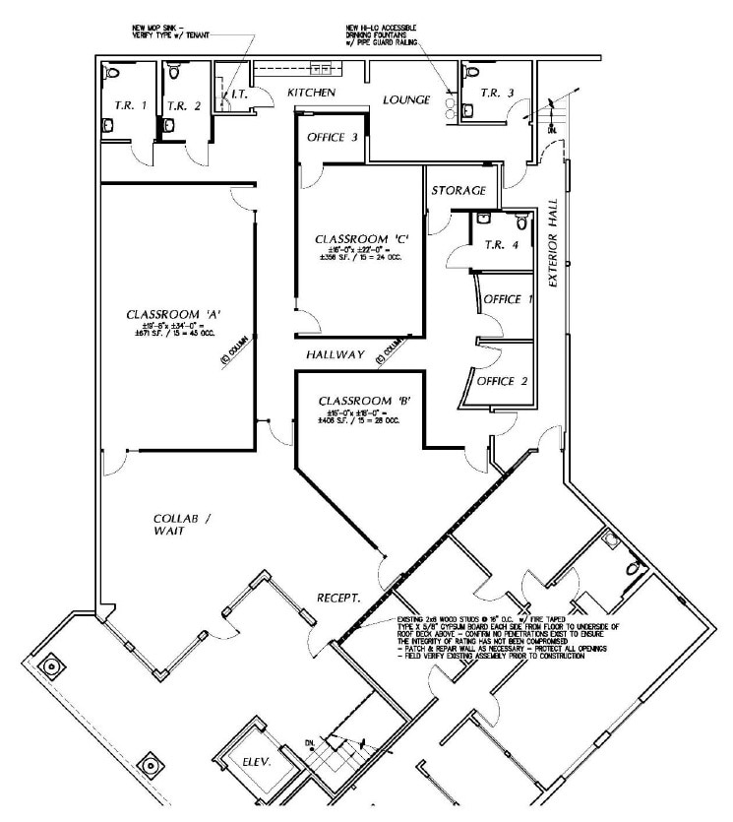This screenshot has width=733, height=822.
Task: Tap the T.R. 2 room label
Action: tap(183, 105)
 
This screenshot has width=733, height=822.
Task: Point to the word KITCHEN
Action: tap(312, 93)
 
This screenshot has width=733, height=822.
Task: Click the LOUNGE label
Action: tap(402, 99)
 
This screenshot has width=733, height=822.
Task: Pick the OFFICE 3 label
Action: tap(333, 138)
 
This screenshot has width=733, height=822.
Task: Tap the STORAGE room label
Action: tap(458, 191)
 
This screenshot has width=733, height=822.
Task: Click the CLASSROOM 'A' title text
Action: tap(173, 315)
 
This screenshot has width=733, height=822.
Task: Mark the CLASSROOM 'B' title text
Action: tap(357, 402)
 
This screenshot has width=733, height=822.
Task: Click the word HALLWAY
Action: tap(335, 354)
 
